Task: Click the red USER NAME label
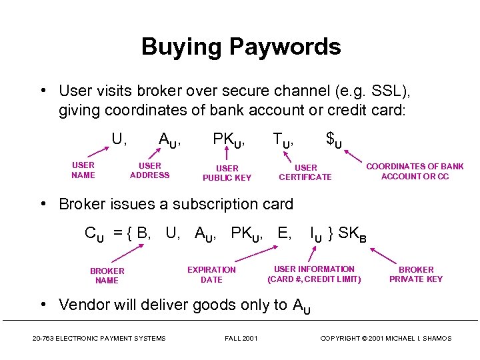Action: click(x=83, y=170)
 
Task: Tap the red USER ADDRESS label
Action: click(x=150, y=170)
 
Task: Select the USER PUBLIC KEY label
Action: click(x=227, y=173)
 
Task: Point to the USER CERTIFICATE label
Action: click(x=305, y=172)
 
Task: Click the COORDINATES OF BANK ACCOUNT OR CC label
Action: click(x=415, y=171)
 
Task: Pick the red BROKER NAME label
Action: click(x=107, y=275)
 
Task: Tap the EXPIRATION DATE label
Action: click(x=211, y=275)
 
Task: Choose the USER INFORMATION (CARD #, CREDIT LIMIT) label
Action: click(x=314, y=274)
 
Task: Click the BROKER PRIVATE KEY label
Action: click(x=416, y=274)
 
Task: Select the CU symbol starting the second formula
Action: click(x=94, y=234)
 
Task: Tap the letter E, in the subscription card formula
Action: click(x=284, y=233)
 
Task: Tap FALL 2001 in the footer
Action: click(x=241, y=339)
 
